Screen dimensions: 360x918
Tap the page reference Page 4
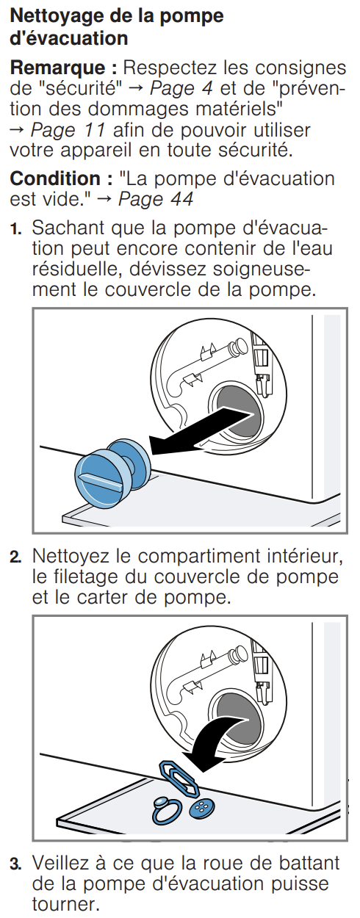click(x=181, y=88)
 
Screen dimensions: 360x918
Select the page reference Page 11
click(x=68, y=130)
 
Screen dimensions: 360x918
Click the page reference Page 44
click(x=156, y=199)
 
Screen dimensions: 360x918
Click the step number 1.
click(x=15, y=228)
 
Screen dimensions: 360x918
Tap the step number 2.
click(x=15, y=557)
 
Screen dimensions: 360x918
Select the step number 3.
click(x=15, y=864)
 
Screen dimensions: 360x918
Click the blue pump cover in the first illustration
click(x=112, y=472)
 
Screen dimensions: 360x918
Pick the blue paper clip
click(x=179, y=778)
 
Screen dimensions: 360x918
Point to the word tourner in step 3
click(x=65, y=905)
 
